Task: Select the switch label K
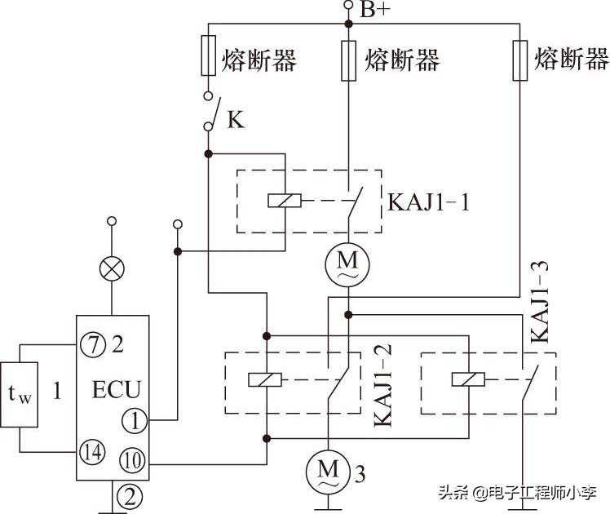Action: [235, 121]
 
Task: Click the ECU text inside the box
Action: [117, 387]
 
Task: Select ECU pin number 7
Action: [91, 345]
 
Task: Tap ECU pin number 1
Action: [132, 420]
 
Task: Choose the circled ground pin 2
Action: [126, 494]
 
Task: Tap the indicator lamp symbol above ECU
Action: [111, 268]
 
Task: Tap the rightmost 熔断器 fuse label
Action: [571, 59]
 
